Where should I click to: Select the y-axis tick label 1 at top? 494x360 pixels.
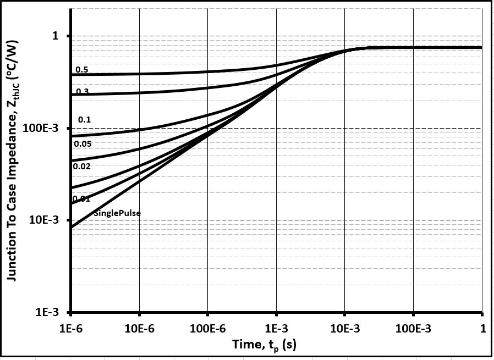coord(55,36)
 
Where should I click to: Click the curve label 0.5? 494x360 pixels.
coord(82,70)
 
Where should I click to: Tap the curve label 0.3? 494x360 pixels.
coord(82,91)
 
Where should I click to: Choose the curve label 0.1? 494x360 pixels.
coord(84,119)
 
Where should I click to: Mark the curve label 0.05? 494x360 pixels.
coord(83,144)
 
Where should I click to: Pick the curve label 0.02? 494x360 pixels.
coord(82,166)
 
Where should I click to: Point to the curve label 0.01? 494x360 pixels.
coord(81,198)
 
